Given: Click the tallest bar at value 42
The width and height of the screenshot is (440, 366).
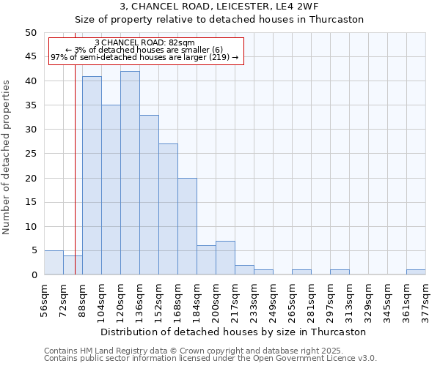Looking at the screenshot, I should [x=130, y=173].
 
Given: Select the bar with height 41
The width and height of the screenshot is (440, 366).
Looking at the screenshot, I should [x=92, y=176].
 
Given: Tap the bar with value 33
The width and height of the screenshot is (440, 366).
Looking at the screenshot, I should [x=149, y=195].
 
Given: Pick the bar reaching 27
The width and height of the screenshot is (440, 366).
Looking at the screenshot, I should [x=168, y=209].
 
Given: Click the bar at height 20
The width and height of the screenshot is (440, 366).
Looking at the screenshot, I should [x=187, y=226].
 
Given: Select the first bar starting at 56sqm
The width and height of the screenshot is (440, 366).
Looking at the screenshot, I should [x=54, y=263].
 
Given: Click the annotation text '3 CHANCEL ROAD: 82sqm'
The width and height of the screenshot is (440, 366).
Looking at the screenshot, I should [x=144, y=42].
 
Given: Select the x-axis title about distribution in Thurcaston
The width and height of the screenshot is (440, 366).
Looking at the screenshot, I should [x=235, y=332].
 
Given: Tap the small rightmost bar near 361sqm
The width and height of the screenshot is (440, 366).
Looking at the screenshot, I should [x=416, y=272].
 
